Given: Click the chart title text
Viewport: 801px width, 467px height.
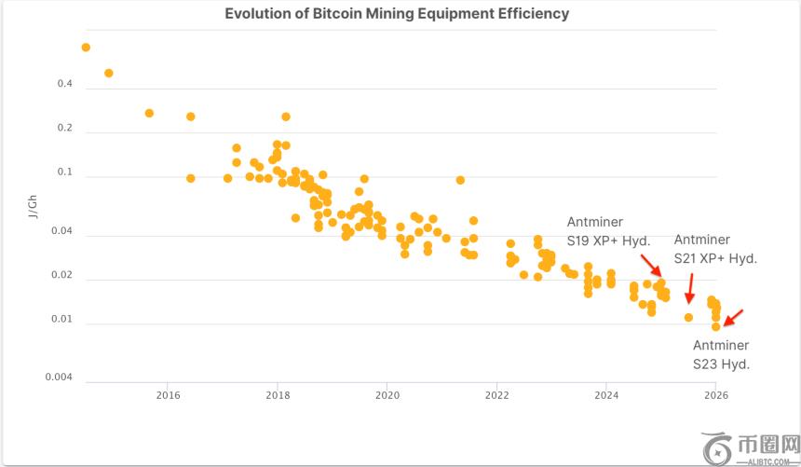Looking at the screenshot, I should pyautogui.click(x=397, y=14).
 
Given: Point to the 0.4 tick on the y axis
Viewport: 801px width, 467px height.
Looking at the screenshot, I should pyautogui.click(x=65, y=85).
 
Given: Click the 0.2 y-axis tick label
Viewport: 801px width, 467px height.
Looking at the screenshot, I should pyautogui.click(x=65, y=129).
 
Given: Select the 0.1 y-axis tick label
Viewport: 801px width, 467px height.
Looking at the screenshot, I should pyautogui.click(x=65, y=172).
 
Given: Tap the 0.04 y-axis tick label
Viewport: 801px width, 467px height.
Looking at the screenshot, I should pyautogui.click(x=62, y=231).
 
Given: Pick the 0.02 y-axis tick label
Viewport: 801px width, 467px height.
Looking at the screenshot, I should pyautogui.click(x=62, y=276).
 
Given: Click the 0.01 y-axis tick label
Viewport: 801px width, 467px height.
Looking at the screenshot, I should pyautogui.click(x=62, y=320).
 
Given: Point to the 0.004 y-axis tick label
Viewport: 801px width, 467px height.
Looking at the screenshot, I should pyautogui.click(x=60, y=378).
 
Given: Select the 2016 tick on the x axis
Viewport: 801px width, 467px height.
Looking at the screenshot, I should pyautogui.click(x=168, y=395).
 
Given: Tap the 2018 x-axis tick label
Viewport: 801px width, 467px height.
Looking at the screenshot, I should pyautogui.click(x=278, y=395).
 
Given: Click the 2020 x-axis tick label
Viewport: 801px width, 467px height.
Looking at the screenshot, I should pyautogui.click(x=387, y=395).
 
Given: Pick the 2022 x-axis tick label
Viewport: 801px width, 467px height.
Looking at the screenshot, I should pyautogui.click(x=497, y=395).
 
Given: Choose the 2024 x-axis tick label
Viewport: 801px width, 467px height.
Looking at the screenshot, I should pyautogui.click(x=606, y=395).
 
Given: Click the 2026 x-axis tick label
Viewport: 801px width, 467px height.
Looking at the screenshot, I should pyautogui.click(x=715, y=395).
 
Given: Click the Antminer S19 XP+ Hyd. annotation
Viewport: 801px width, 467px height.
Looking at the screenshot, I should pyautogui.click(x=608, y=232).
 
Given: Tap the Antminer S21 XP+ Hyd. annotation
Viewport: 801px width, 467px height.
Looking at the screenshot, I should pyautogui.click(x=715, y=249).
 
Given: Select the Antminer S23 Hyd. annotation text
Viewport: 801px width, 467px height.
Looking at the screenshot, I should pyautogui.click(x=721, y=355).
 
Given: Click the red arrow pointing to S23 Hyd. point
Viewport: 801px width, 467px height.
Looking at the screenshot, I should pyautogui.click(x=733, y=317).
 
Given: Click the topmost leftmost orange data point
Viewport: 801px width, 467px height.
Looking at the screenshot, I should pyautogui.click(x=86, y=48).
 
